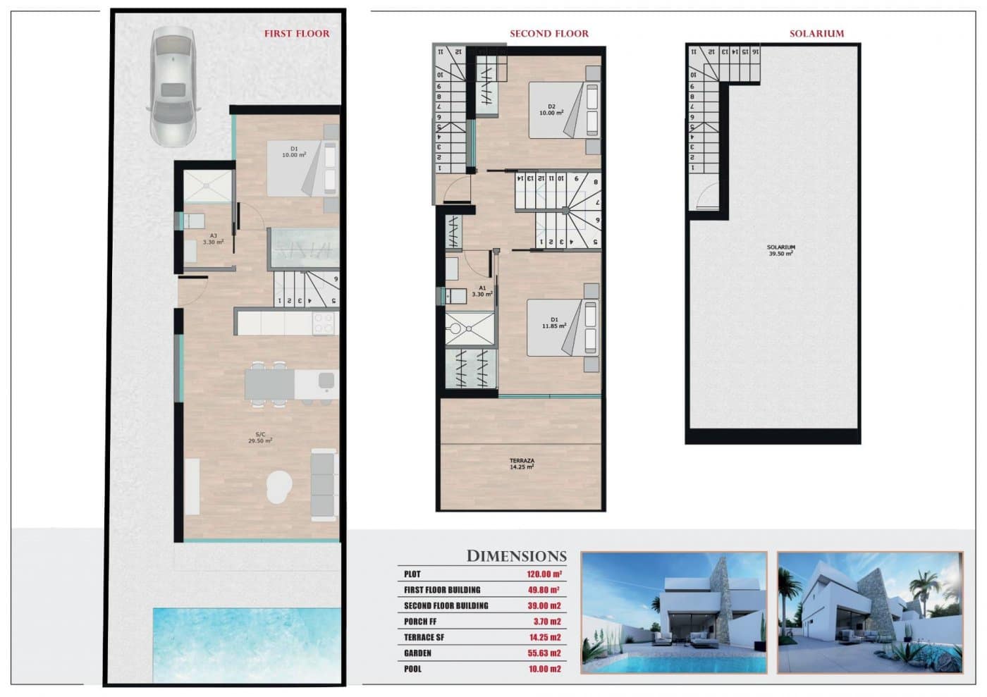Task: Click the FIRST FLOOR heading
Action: [x=296, y=33]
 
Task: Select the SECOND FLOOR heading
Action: [x=548, y=33]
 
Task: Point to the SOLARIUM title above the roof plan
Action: [x=816, y=33]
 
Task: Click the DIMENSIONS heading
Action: [x=516, y=556]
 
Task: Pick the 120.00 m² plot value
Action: [x=544, y=574]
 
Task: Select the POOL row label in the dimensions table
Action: [x=412, y=669]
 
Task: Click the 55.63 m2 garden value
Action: [x=544, y=653]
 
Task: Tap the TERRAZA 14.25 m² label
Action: [x=522, y=464]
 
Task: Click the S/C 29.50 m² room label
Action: [x=260, y=438]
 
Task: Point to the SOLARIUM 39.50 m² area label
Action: [x=780, y=250]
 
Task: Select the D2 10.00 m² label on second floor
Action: [x=551, y=110]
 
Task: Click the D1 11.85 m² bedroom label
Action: [x=554, y=323]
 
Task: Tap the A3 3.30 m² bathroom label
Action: [x=213, y=239]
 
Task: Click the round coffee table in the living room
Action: [x=279, y=486]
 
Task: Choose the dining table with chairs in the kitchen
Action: [x=269, y=385]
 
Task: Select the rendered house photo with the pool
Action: [x=673, y=612]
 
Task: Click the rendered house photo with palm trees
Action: [x=869, y=612]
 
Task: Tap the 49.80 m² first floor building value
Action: [x=543, y=590]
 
